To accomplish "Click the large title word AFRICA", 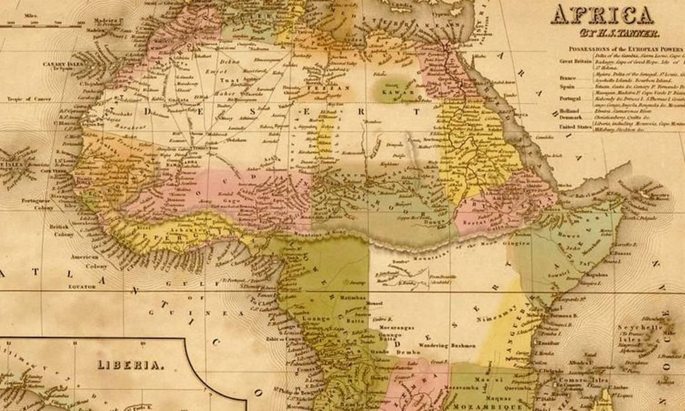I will coord(602,14).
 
